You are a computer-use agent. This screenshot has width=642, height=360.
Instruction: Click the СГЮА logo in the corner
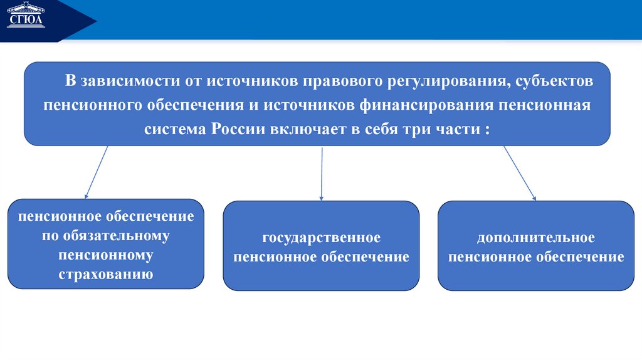tap(26, 17)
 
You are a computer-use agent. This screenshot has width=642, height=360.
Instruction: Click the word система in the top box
tap(177, 129)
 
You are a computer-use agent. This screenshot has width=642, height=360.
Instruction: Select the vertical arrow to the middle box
tap(321, 174)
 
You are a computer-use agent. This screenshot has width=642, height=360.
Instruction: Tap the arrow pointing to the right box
tap(520, 173)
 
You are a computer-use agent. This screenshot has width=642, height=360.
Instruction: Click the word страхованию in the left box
tap(106, 275)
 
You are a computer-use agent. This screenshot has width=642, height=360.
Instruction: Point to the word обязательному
tap(106, 236)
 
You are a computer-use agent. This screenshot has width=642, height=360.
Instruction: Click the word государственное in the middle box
tap(321, 238)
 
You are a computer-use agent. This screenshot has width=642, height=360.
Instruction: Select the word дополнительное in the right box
tap(535, 238)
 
